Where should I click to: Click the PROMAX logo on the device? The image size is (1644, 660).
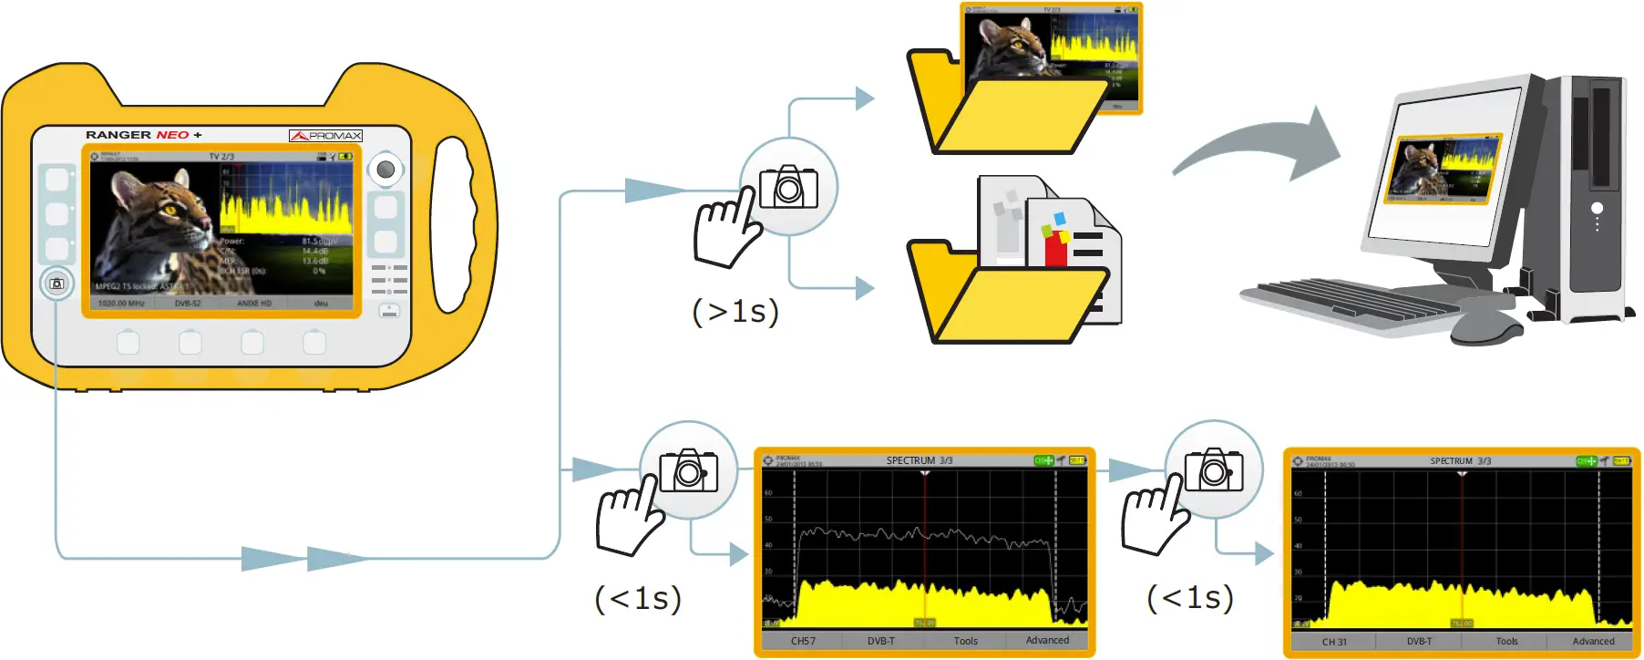coord(325,136)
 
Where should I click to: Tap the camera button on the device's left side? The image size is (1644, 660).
coord(57,284)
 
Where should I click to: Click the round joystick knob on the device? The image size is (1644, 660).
coord(385,170)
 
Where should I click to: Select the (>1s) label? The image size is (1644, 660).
coord(735,312)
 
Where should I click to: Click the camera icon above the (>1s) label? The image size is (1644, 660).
coord(788,187)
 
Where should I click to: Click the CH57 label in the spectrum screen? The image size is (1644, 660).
coord(803,641)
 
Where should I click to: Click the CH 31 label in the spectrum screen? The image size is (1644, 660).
coord(1334,642)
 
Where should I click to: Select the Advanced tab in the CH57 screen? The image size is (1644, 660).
coord(1047,640)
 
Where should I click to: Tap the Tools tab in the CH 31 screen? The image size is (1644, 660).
coord(1506,641)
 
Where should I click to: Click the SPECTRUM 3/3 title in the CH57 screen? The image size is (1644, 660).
coord(919,460)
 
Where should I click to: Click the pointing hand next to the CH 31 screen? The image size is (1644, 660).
coord(1153,520)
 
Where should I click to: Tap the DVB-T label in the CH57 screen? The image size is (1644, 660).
coord(880,641)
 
